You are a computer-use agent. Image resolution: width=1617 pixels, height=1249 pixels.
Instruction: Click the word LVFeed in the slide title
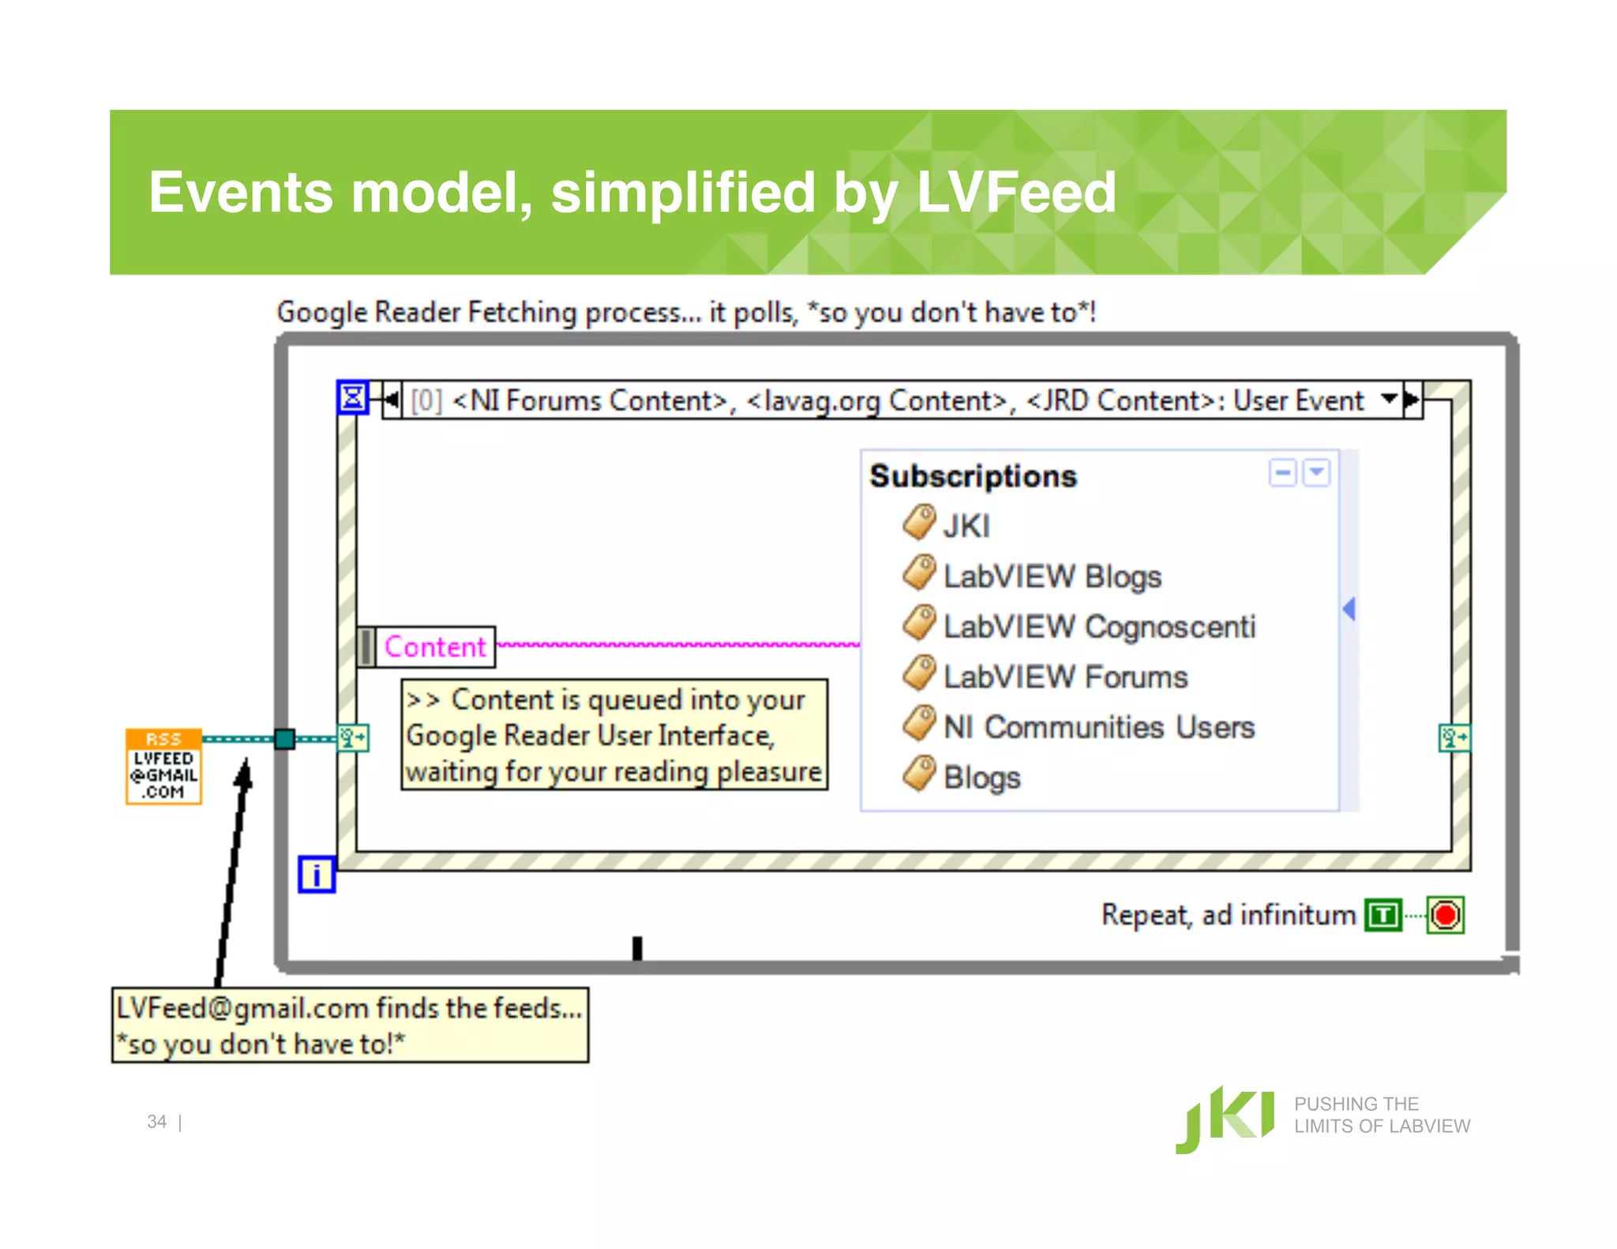pyautogui.click(x=1016, y=193)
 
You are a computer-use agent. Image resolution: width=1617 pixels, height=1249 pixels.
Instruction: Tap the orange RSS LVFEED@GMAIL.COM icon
pyautogui.click(x=163, y=766)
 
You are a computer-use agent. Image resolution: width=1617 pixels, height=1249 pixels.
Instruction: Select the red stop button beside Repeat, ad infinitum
pyautogui.click(x=1446, y=915)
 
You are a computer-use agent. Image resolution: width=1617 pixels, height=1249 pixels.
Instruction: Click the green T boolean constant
pyautogui.click(x=1383, y=915)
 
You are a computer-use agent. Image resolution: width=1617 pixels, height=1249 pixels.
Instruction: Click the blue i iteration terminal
pyautogui.click(x=317, y=875)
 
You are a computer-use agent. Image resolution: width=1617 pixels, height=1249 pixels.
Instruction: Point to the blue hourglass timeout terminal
pyautogui.click(x=352, y=397)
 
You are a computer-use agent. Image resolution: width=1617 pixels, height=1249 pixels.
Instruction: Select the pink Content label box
pyautogui.click(x=435, y=647)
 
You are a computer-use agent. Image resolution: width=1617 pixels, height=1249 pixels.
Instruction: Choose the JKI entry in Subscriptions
pyautogui.click(x=966, y=526)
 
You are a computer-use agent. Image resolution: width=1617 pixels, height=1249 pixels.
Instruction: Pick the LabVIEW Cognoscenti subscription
pyautogui.click(x=1098, y=627)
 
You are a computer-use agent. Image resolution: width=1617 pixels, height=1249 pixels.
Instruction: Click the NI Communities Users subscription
pyautogui.click(x=1098, y=727)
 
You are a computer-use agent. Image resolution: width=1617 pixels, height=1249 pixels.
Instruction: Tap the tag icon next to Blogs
pyautogui.click(x=919, y=774)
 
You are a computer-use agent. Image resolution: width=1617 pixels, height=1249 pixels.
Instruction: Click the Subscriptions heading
pyautogui.click(x=973, y=476)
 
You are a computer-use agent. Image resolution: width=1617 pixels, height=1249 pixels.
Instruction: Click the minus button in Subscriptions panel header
pyautogui.click(x=1282, y=473)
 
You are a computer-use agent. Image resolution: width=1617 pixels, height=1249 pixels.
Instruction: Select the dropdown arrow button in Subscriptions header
pyautogui.click(x=1316, y=473)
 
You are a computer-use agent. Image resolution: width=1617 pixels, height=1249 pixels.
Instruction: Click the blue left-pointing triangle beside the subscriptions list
pyautogui.click(x=1349, y=609)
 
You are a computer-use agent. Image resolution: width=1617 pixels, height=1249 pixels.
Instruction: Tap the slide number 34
pyautogui.click(x=156, y=1122)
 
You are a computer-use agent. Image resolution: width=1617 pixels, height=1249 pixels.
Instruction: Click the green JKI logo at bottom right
pyautogui.click(x=1225, y=1119)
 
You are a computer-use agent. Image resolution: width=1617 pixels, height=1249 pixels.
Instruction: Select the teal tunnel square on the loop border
pyautogui.click(x=284, y=739)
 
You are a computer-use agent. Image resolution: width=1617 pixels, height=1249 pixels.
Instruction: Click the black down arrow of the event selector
pyautogui.click(x=1389, y=399)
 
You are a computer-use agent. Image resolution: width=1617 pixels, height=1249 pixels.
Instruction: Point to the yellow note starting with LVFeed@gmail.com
pyautogui.click(x=350, y=1025)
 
